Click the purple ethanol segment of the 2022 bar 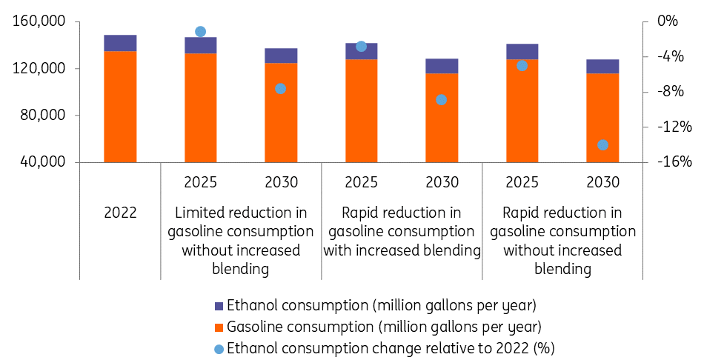(x=120, y=43)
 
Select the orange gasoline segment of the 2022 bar (x=120, y=107)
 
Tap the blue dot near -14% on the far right (x=602, y=145)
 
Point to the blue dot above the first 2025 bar (x=200, y=31)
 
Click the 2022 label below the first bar (x=120, y=213)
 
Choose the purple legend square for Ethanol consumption (x=219, y=306)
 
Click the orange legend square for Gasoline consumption (x=219, y=327)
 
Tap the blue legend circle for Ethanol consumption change (x=219, y=349)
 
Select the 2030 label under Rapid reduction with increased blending (x=442, y=182)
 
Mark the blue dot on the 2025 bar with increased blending (x=361, y=47)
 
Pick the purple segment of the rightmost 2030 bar (x=602, y=67)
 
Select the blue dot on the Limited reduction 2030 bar (x=281, y=89)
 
